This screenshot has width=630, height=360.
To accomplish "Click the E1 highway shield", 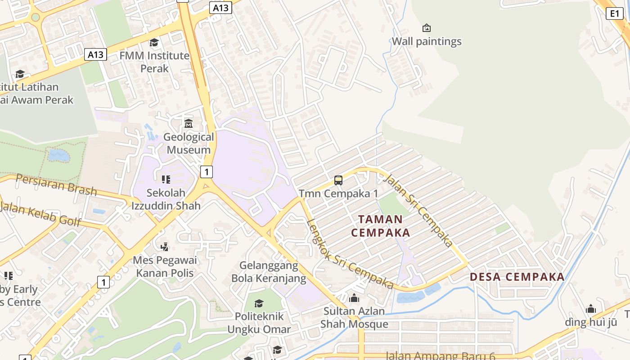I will (615, 13).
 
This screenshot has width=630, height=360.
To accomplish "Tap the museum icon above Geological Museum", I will (189, 123).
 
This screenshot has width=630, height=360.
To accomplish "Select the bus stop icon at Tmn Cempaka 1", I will (338, 180).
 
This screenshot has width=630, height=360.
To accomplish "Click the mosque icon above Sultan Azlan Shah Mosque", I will (354, 298).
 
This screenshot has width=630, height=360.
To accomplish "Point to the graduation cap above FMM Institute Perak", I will (154, 43).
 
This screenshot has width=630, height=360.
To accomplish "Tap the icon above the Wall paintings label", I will (427, 28).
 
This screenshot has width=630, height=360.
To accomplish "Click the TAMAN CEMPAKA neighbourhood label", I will (380, 226).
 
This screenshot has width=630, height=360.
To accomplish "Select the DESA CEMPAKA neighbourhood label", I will (517, 277).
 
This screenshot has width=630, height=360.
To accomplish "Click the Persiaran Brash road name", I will (56, 184).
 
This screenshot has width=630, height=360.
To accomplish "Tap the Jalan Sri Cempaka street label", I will (418, 211).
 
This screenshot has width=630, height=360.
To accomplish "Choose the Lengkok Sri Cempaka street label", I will (350, 254).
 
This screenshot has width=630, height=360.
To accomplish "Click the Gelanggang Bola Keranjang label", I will (269, 272).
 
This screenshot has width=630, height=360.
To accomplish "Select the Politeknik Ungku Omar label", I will (259, 323).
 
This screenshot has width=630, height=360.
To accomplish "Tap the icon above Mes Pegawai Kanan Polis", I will (165, 247).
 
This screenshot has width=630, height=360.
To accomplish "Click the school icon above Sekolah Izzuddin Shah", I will (166, 180).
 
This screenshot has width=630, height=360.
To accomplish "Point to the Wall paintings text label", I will (427, 41).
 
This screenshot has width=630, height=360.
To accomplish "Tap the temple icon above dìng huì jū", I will (591, 309).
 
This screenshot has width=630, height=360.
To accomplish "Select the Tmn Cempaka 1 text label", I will (338, 194).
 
